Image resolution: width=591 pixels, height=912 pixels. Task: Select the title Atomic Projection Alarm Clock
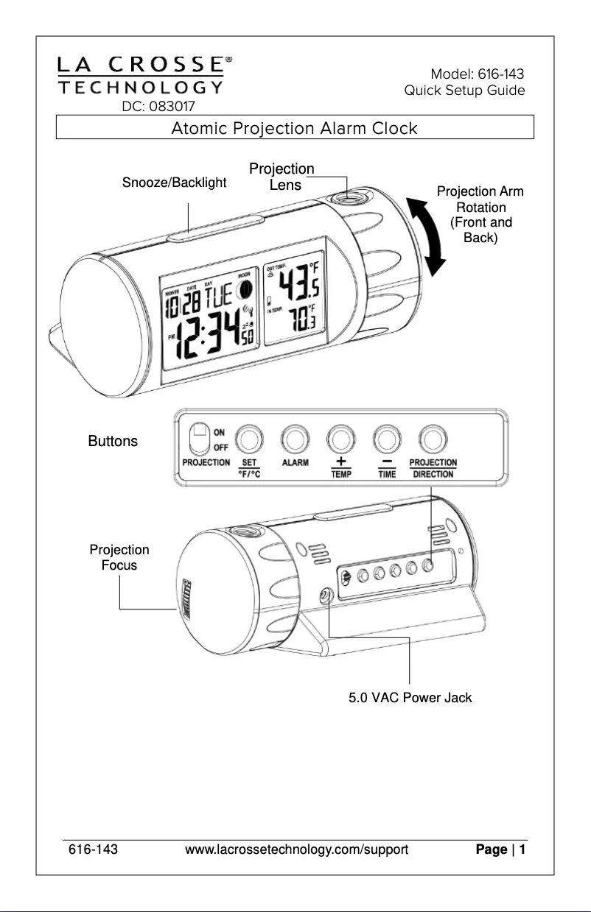pos(294,129)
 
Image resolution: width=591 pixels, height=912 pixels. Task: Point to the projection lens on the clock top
pos(346,199)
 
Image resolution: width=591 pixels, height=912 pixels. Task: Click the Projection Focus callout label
pos(119,558)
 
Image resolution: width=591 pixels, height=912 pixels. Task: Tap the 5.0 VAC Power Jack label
pos(410,697)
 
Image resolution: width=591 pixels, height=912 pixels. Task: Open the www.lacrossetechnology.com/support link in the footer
pos(296,850)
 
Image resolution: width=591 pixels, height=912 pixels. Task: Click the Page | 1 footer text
pos(500,850)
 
